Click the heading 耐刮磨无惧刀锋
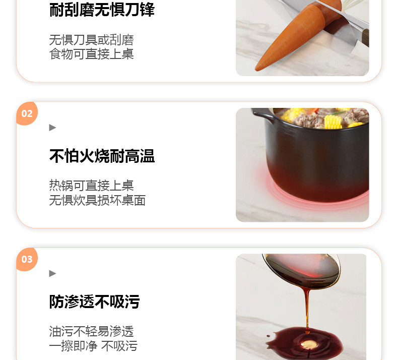click(102, 10)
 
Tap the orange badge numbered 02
click(27, 113)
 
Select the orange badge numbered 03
click(27, 259)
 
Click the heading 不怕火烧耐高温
click(102, 156)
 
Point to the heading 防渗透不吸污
click(94, 302)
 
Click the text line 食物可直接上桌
click(91, 54)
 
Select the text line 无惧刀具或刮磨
click(91, 40)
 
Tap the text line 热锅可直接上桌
click(91, 186)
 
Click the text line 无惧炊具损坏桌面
click(97, 200)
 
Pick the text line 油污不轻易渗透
click(91, 331)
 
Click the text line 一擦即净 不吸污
click(93, 346)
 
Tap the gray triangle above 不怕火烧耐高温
click(52, 128)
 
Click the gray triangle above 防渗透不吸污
click(52, 273)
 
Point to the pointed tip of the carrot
click(256, 69)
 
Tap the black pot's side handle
click(262, 114)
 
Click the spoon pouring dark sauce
click(302, 271)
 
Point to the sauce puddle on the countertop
click(305, 342)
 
